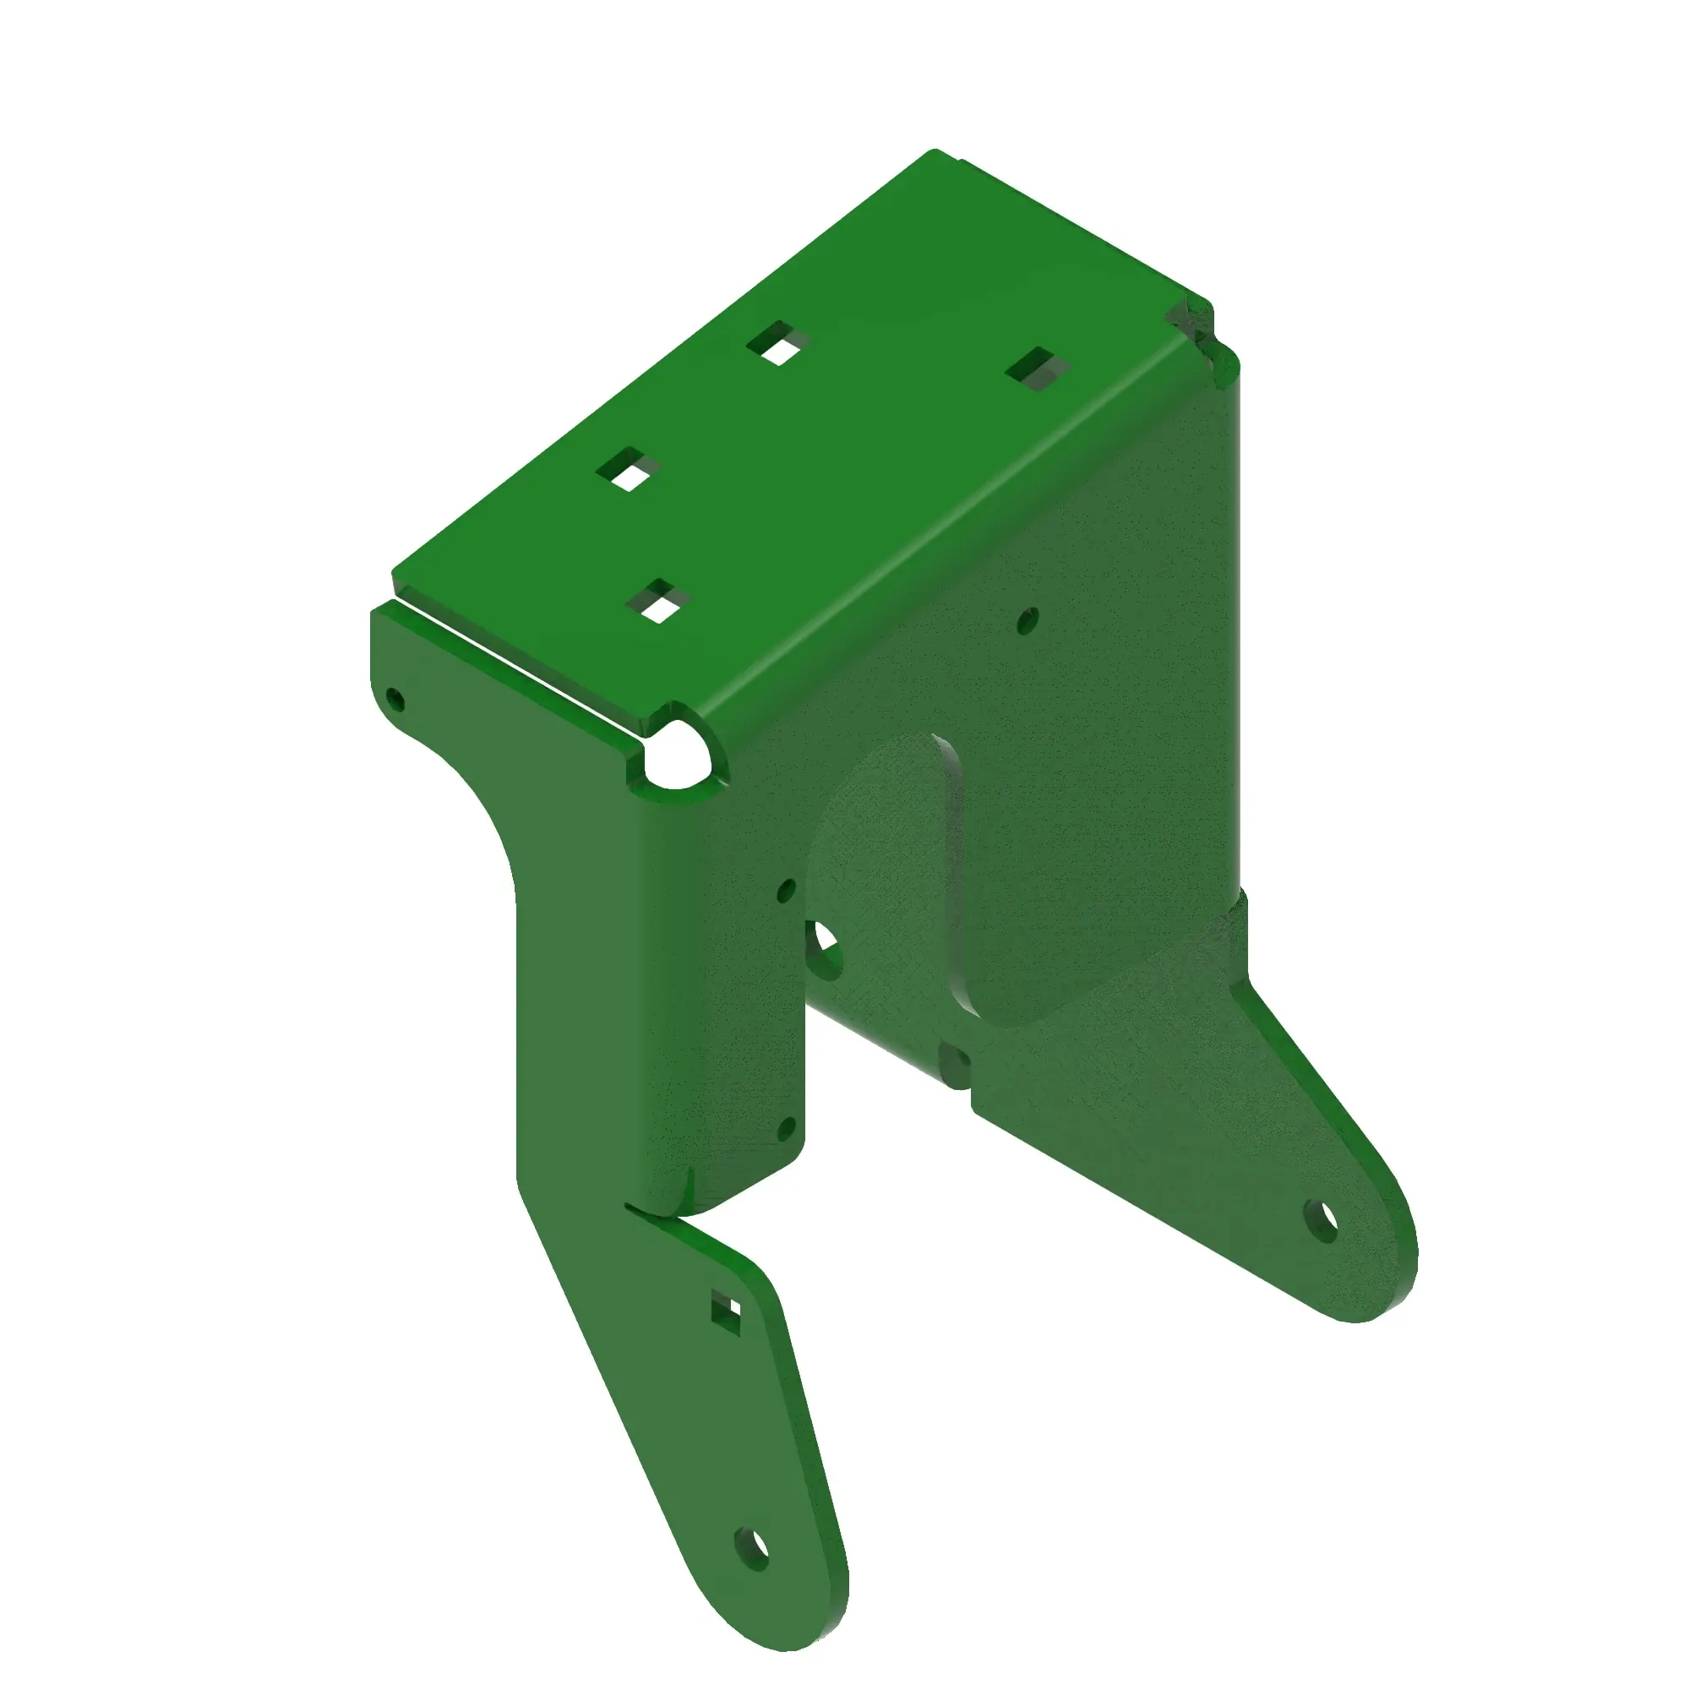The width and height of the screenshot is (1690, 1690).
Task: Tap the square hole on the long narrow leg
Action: pyautogui.click(x=726, y=1311)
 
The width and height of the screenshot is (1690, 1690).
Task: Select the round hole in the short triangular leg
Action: pyautogui.click(x=1322, y=1219)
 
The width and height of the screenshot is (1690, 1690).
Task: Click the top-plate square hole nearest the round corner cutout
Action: pyautogui.click(x=659, y=602)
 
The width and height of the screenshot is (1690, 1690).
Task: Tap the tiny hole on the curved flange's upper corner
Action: pyautogui.click(x=395, y=699)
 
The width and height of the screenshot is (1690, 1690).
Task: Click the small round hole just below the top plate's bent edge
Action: pyautogui.click(x=1028, y=619)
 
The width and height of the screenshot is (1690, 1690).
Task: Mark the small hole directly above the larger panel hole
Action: pyautogui.click(x=787, y=890)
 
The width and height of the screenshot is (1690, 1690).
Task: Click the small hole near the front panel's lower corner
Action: pyautogui.click(x=787, y=1126)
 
